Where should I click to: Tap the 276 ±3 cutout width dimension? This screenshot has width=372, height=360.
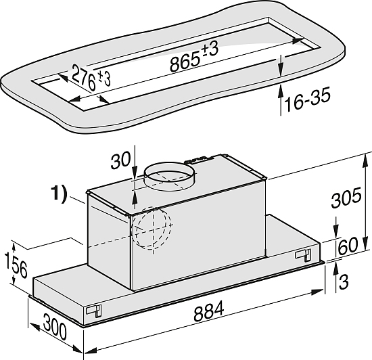pos(91,77)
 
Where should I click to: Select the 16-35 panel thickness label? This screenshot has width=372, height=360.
pos(308,99)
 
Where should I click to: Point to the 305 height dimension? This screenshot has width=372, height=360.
pos(346,198)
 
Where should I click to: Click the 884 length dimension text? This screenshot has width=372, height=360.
pos(209,311)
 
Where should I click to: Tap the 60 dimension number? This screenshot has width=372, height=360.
pos(348,246)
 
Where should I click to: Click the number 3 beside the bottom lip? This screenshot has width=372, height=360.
pos(344,282)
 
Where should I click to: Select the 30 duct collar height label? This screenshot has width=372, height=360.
pos(121,160)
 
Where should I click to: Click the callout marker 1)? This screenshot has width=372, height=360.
pos(59,194)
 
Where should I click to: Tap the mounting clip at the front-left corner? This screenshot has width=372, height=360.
pos(94,311)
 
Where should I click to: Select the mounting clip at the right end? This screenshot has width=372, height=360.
pos(303,256)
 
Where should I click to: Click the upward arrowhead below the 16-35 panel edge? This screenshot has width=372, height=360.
pos(281,91)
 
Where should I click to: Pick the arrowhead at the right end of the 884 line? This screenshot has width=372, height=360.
pos(317,292)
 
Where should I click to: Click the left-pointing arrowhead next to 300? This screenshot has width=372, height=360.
pos(34,327)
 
